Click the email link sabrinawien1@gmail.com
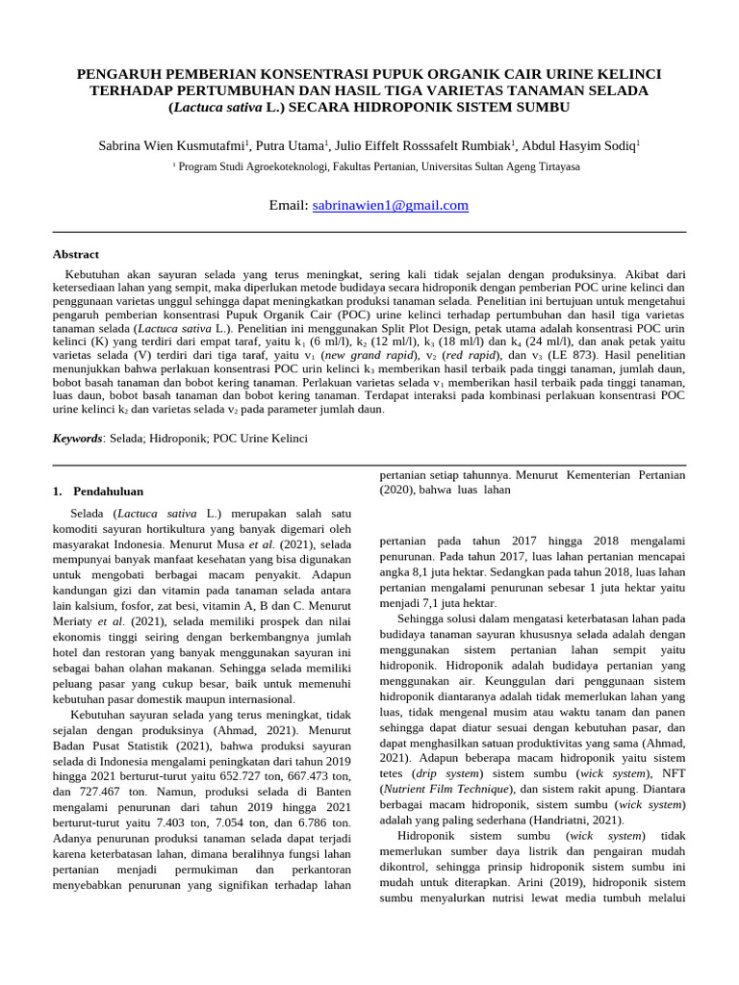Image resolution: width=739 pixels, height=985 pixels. tap(391, 205)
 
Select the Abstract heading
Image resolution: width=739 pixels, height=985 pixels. tap(75, 254)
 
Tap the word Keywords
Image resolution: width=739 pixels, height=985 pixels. tap(77, 438)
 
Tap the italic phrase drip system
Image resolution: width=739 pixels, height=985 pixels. tap(448, 773)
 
